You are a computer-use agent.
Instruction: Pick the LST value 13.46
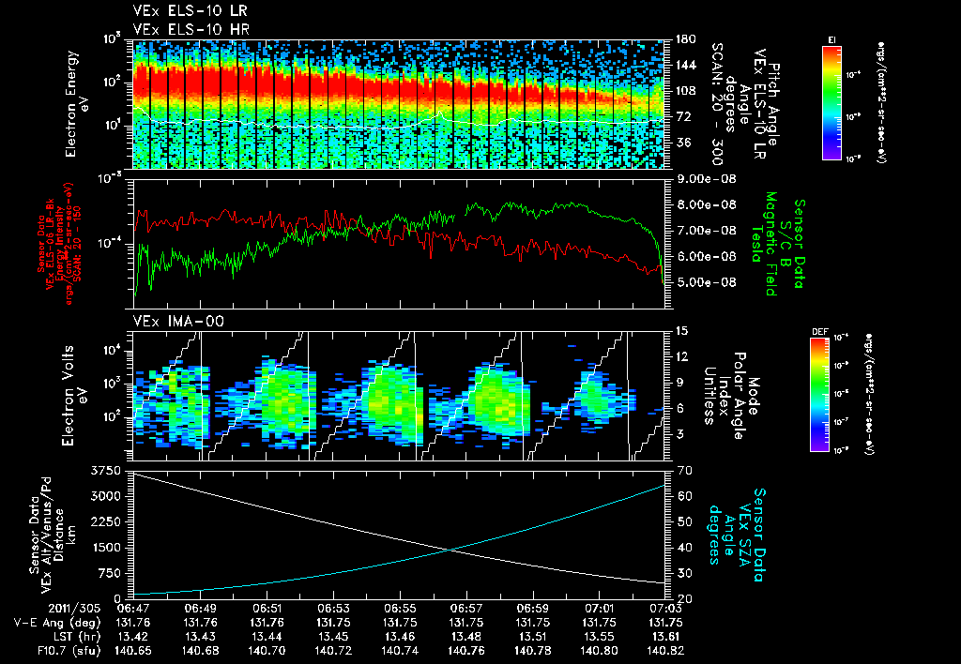[x=400, y=635]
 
